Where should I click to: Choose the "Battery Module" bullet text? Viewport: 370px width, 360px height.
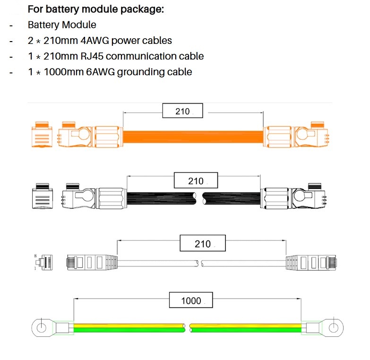pos(62,25)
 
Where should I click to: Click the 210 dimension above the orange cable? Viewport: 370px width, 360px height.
pos(182,111)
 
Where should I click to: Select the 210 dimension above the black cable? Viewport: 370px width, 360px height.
pos(195,181)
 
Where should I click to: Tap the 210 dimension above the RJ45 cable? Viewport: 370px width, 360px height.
pos(202,244)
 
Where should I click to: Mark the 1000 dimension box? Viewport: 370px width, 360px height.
pos(191,300)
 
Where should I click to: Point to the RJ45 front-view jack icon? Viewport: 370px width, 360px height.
pos(45,262)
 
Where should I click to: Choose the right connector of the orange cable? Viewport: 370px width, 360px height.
pos(295,136)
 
